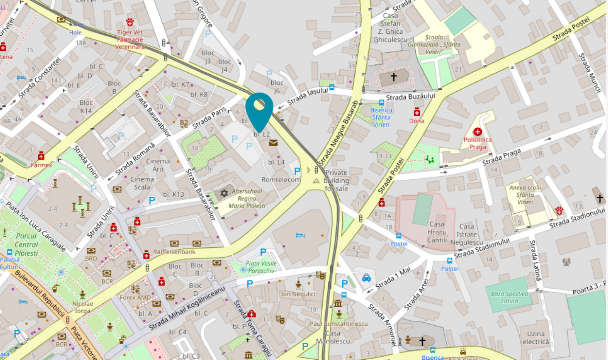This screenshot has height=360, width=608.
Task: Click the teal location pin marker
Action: pyautogui.click(x=260, y=110)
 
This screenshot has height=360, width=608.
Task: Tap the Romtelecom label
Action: pyautogui.click(x=281, y=180)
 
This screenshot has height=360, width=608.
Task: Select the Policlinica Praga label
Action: pyautogui.click(x=477, y=143)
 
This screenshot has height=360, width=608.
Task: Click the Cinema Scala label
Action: pyautogui.click(x=142, y=183)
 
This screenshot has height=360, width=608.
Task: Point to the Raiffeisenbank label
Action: pyautogui.click(x=174, y=252)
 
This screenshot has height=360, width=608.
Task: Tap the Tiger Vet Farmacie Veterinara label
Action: pyautogui.click(x=130, y=40)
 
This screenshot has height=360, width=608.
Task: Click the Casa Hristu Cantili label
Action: pyautogui.click(x=437, y=232)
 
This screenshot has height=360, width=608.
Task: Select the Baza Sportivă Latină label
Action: pyautogui.click(x=509, y=297)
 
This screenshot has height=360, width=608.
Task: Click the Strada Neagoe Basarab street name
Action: pyautogui.click(x=338, y=133)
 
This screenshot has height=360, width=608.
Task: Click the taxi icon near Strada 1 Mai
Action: pyautogui.click(x=366, y=278)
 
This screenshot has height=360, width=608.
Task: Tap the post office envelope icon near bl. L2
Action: pyautogui.click(x=273, y=143)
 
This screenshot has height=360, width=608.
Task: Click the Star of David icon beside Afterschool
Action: pyautogui.click(x=224, y=193)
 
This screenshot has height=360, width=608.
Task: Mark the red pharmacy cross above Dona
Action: pyautogui.click(x=416, y=112)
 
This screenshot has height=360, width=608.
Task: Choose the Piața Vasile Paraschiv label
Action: pyautogui.click(x=261, y=266)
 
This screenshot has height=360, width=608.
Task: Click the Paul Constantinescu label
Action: pyautogui.click(x=338, y=323)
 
